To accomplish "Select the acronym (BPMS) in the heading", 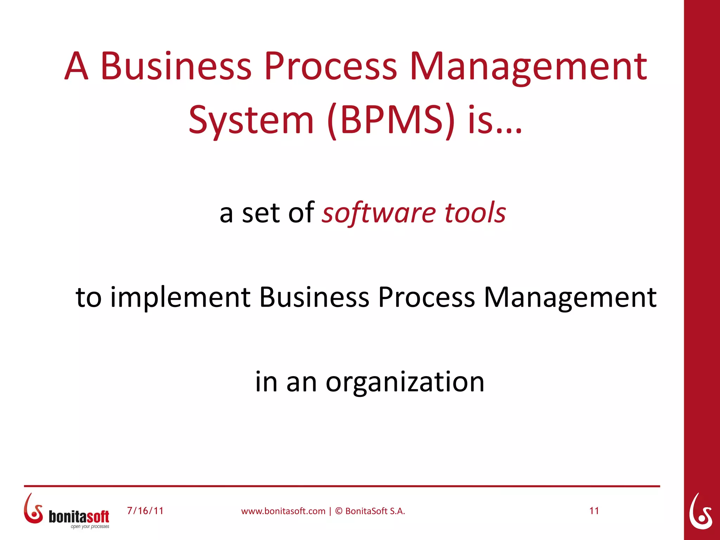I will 391,121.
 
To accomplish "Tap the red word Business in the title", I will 176,66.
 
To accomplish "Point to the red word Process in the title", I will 330,66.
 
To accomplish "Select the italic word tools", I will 475,213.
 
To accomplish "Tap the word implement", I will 180,297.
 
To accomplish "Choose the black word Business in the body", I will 314,297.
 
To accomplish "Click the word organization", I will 405,382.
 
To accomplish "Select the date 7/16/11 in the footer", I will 145,510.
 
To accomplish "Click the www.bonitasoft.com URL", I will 283,511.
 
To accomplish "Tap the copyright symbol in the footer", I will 339,511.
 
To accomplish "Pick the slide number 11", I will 594,510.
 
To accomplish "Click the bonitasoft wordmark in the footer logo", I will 79,516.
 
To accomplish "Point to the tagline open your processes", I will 90,526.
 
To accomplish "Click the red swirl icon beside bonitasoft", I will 33,508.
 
